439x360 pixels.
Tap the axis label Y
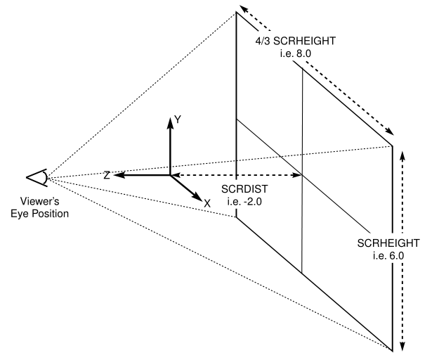click(178, 120)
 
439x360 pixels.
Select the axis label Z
click(106, 175)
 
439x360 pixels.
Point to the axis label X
click(207, 202)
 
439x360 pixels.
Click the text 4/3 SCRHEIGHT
click(295, 41)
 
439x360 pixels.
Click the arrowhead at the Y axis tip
click(170, 120)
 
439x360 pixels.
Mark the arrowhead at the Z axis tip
click(118, 175)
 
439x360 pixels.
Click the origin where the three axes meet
click(170, 175)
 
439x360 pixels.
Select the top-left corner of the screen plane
click(236, 12)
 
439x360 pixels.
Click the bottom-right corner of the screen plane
click(392, 347)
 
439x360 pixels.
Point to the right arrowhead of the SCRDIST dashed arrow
click(298, 175)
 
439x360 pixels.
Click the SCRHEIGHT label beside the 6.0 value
click(388, 243)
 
